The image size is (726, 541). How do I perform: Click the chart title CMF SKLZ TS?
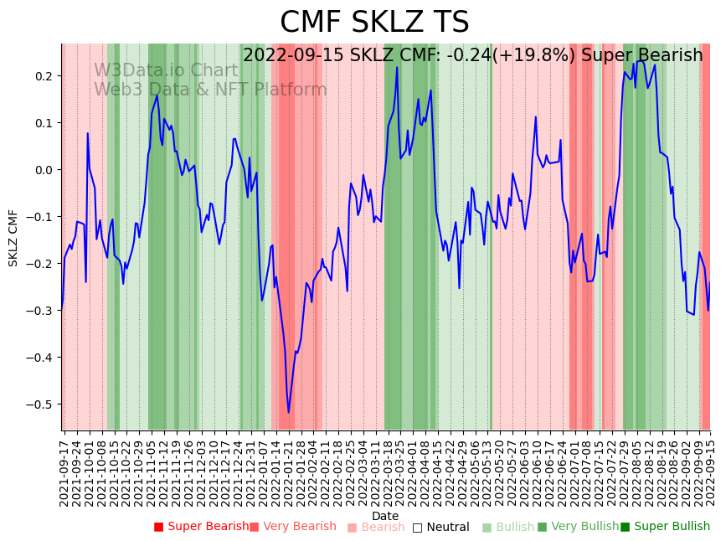pos(374,23)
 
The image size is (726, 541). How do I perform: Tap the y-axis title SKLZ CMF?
pos(13,238)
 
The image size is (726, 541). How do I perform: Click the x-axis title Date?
pos(385,516)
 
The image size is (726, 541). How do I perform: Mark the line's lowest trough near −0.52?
pos(289,412)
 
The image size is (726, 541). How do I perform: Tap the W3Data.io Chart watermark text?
pos(166,70)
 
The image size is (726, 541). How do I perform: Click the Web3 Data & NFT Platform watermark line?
pos(210,90)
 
